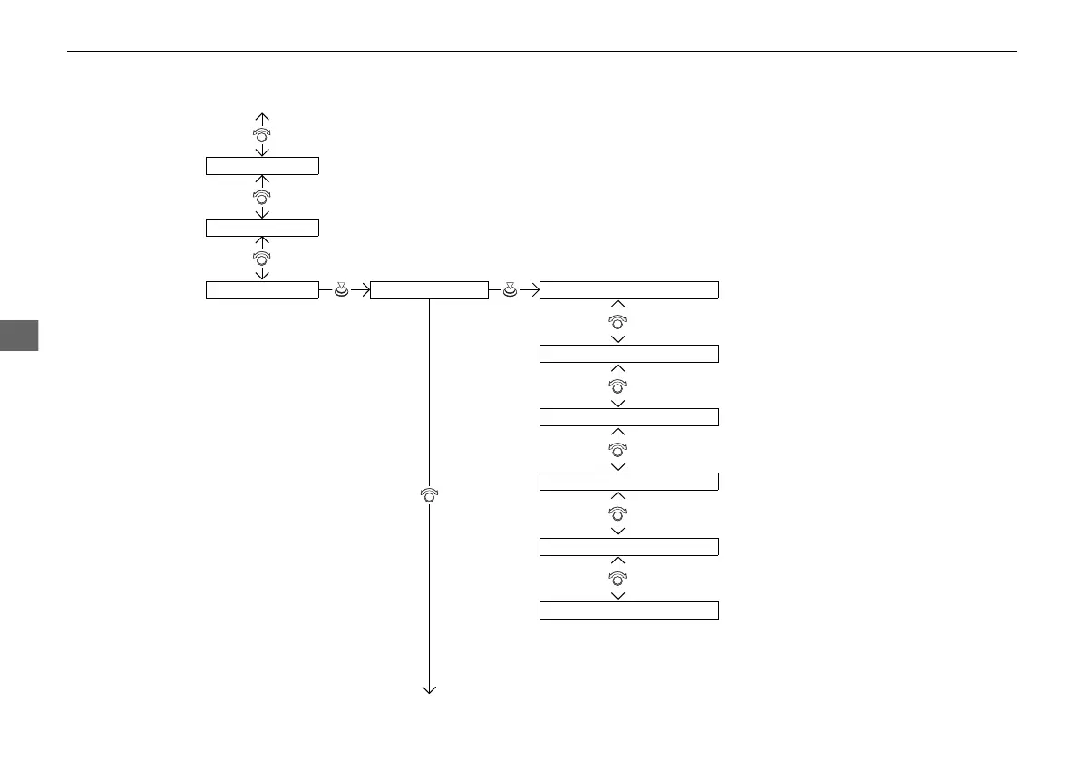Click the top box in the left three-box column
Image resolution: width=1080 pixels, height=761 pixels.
[262, 165]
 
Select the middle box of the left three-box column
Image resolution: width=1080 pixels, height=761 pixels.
[262, 227]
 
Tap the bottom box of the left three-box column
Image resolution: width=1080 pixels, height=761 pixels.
[262, 290]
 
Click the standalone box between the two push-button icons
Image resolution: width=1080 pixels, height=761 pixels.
[429, 290]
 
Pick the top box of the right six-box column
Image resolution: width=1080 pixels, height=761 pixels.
[628, 290]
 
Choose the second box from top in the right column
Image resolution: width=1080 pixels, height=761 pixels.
[628, 354]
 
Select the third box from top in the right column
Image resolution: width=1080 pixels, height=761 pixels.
[628, 417]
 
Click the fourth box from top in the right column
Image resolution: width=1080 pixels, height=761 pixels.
[628, 481]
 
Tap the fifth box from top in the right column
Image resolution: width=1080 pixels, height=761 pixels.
[628, 546]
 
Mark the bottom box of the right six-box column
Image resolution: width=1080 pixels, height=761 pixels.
[628, 610]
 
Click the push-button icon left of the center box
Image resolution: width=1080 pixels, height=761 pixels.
[341, 290]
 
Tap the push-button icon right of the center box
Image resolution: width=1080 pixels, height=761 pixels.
[511, 290]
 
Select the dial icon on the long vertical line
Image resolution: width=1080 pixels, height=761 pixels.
[429, 495]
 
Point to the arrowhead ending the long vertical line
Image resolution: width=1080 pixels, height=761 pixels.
[429, 691]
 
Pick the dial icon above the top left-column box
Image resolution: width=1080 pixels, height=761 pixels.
[262, 133]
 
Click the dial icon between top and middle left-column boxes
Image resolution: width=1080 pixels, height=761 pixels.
[262, 196]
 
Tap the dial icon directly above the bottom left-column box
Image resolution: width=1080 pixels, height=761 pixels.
[262, 259]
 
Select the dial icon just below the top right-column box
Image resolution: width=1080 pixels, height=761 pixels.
[618, 322]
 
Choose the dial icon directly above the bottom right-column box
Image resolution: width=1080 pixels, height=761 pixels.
[618, 578]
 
